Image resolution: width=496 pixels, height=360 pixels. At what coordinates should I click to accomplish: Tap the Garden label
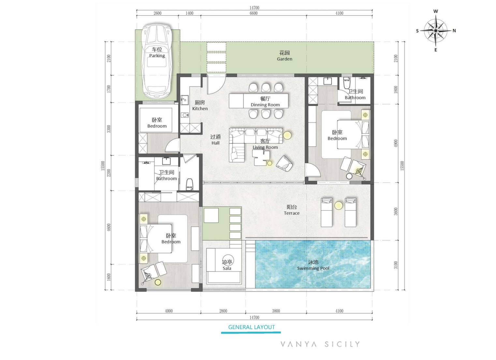tap(284, 59)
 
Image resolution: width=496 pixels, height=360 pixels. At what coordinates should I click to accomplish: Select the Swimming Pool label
tap(313, 268)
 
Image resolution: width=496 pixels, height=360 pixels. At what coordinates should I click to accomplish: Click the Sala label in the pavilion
tap(227, 268)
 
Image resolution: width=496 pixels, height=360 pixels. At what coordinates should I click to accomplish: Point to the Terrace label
tap(292, 213)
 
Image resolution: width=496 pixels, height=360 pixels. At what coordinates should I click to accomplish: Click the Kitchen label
tap(200, 108)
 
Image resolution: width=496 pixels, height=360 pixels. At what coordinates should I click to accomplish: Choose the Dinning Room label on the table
tap(265, 105)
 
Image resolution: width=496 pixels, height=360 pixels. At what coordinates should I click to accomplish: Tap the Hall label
tap(215, 143)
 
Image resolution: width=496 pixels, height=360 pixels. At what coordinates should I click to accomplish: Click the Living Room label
tap(265, 147)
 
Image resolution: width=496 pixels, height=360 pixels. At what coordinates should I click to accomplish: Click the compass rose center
tap(436, 31)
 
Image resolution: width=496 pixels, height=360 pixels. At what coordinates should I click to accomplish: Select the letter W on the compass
tap(436, 11)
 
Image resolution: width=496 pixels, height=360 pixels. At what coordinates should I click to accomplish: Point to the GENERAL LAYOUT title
tap(252, 327)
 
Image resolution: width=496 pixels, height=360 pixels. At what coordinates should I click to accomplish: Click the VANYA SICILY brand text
tap(320, 344)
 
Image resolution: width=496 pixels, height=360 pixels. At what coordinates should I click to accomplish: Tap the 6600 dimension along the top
tap(254, 13)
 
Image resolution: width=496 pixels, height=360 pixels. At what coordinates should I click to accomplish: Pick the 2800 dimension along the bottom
tap(223, 311)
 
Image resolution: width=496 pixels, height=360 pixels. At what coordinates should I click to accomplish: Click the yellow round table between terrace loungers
tap(338, 206)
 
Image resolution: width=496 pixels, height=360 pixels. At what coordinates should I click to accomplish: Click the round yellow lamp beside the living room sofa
tap(287, 135)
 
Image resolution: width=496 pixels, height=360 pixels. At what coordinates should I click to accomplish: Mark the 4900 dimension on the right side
tap(396, 143)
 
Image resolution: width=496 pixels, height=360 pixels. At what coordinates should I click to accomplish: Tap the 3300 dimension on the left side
tap(109, 129)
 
